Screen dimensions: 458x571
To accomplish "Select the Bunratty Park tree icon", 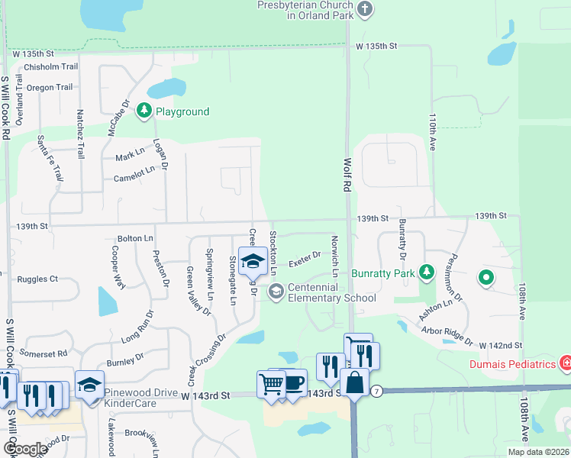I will pos(427,273).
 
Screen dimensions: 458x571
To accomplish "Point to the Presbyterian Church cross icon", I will pos(365,10).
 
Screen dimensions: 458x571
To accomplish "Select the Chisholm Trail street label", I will pos(50,67).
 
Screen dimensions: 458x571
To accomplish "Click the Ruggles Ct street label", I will pos(37,279).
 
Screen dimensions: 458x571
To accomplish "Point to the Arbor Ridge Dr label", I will pos(447,336).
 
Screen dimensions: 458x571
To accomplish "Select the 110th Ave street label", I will pos(432,132).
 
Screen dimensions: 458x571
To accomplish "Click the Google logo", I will pos(24,448).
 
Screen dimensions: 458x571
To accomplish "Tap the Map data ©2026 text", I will pos(538,452).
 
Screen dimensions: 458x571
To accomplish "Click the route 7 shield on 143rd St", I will pos(377,391).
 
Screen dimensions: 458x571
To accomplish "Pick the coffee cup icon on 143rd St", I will pos(293,382).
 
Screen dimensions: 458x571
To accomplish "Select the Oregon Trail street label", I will pos(50,88).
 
